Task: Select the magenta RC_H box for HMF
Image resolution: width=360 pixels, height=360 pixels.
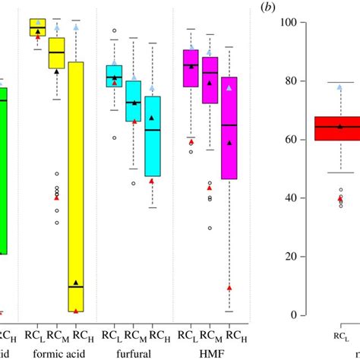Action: pos(229,128)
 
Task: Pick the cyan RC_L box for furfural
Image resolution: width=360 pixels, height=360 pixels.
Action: pos(114,76)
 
